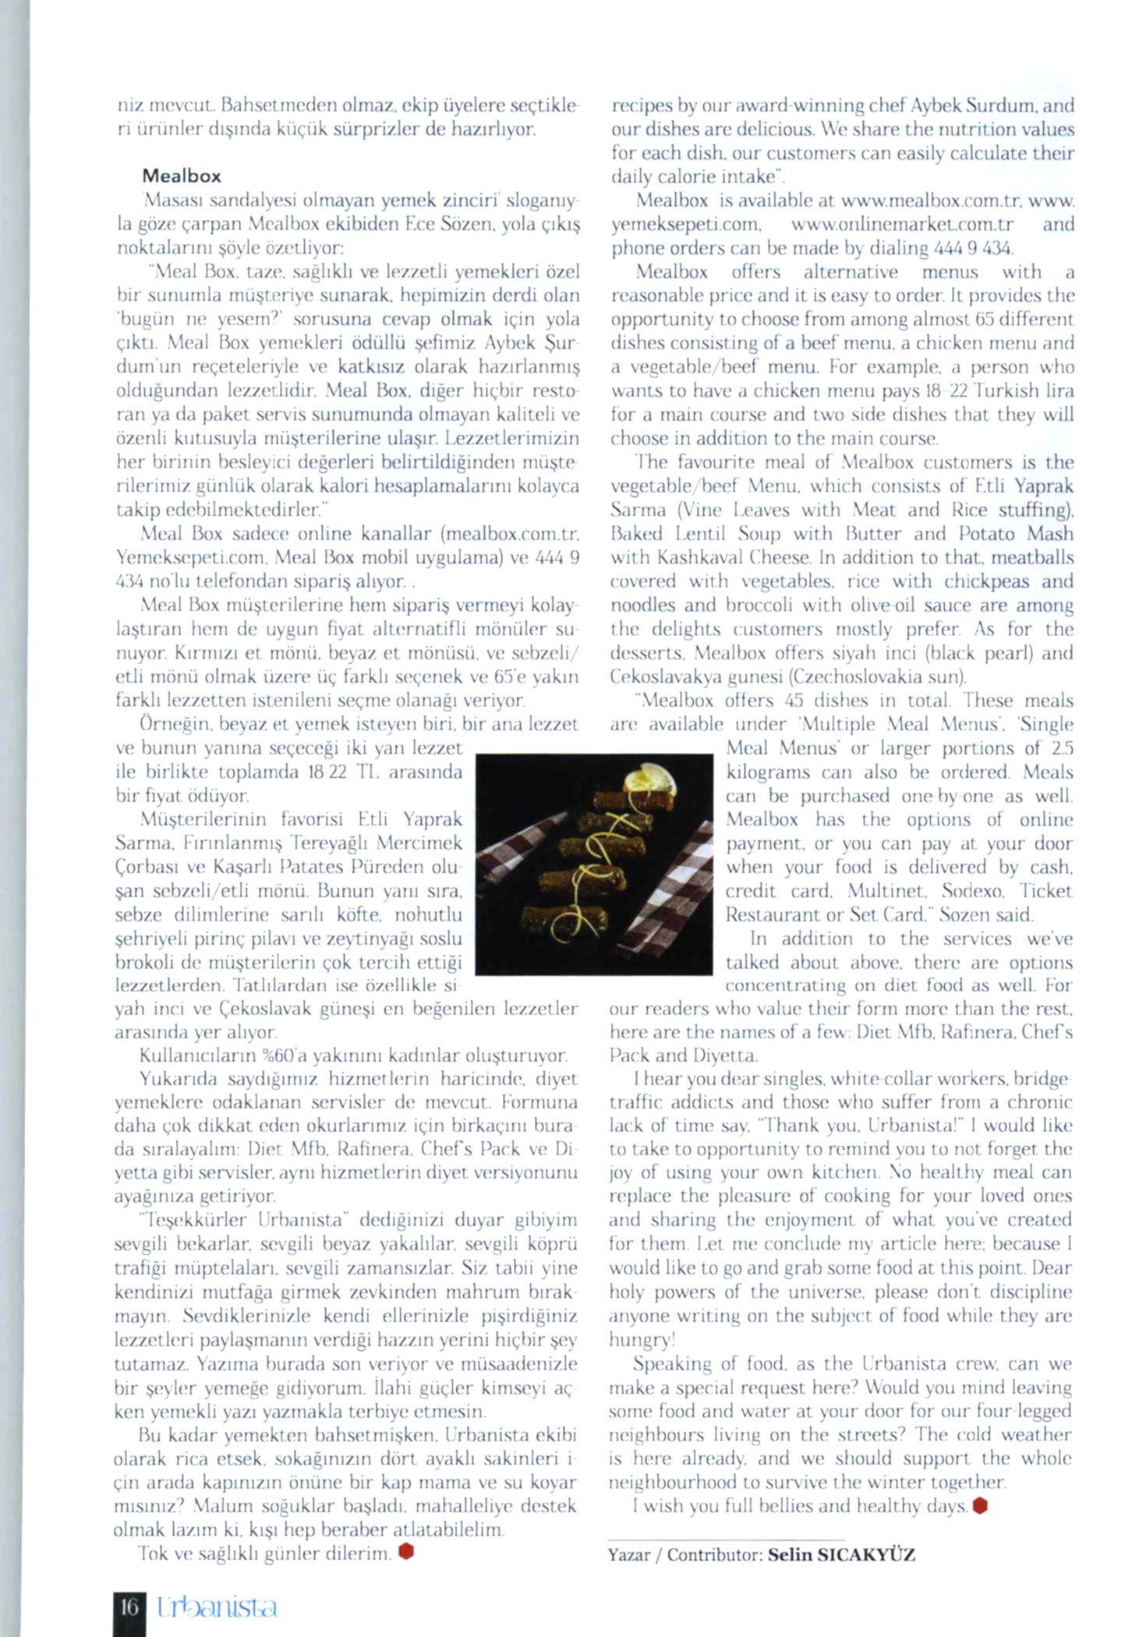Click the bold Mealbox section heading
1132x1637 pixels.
tap(181, 176)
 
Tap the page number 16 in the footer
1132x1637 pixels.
tap(129, 1605)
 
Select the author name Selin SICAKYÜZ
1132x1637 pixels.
tap(841, 1555)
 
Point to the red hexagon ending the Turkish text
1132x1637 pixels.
tap(405, 1552)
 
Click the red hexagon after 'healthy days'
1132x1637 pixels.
tap(980, 1506)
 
